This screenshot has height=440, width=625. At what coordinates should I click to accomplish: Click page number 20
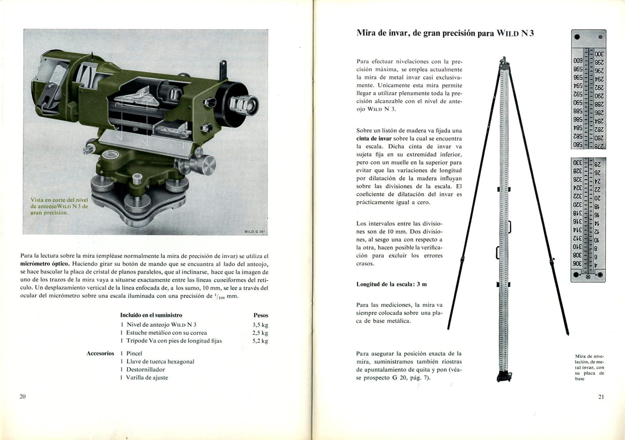pos(23,396)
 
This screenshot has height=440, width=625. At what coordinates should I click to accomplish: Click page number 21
pos(601,397)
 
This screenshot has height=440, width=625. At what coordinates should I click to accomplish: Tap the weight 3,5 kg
pos(260,325)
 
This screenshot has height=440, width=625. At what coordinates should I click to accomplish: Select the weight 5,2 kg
pos(260,341)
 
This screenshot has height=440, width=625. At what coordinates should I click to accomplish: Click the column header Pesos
pos(261,315)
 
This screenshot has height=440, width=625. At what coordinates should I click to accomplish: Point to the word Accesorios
pos(100,353)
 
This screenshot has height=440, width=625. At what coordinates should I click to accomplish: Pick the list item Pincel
pos(134,353)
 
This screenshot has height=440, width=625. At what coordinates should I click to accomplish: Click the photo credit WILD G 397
pos(254,232)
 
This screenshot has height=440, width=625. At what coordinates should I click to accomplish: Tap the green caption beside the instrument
pos(59,206)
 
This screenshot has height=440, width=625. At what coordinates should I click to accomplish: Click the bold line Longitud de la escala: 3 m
pos(391,284)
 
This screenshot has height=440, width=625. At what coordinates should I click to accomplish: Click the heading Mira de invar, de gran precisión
pos(426,33)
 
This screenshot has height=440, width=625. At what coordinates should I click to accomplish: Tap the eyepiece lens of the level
pos(249,104)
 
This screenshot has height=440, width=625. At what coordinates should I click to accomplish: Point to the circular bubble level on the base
pos(111,155)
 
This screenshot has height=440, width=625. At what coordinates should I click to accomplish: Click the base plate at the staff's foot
pos(504,377)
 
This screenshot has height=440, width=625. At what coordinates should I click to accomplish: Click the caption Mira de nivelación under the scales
pos(589,367)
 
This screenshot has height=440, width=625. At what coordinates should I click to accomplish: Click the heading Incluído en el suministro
pos(151,315)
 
